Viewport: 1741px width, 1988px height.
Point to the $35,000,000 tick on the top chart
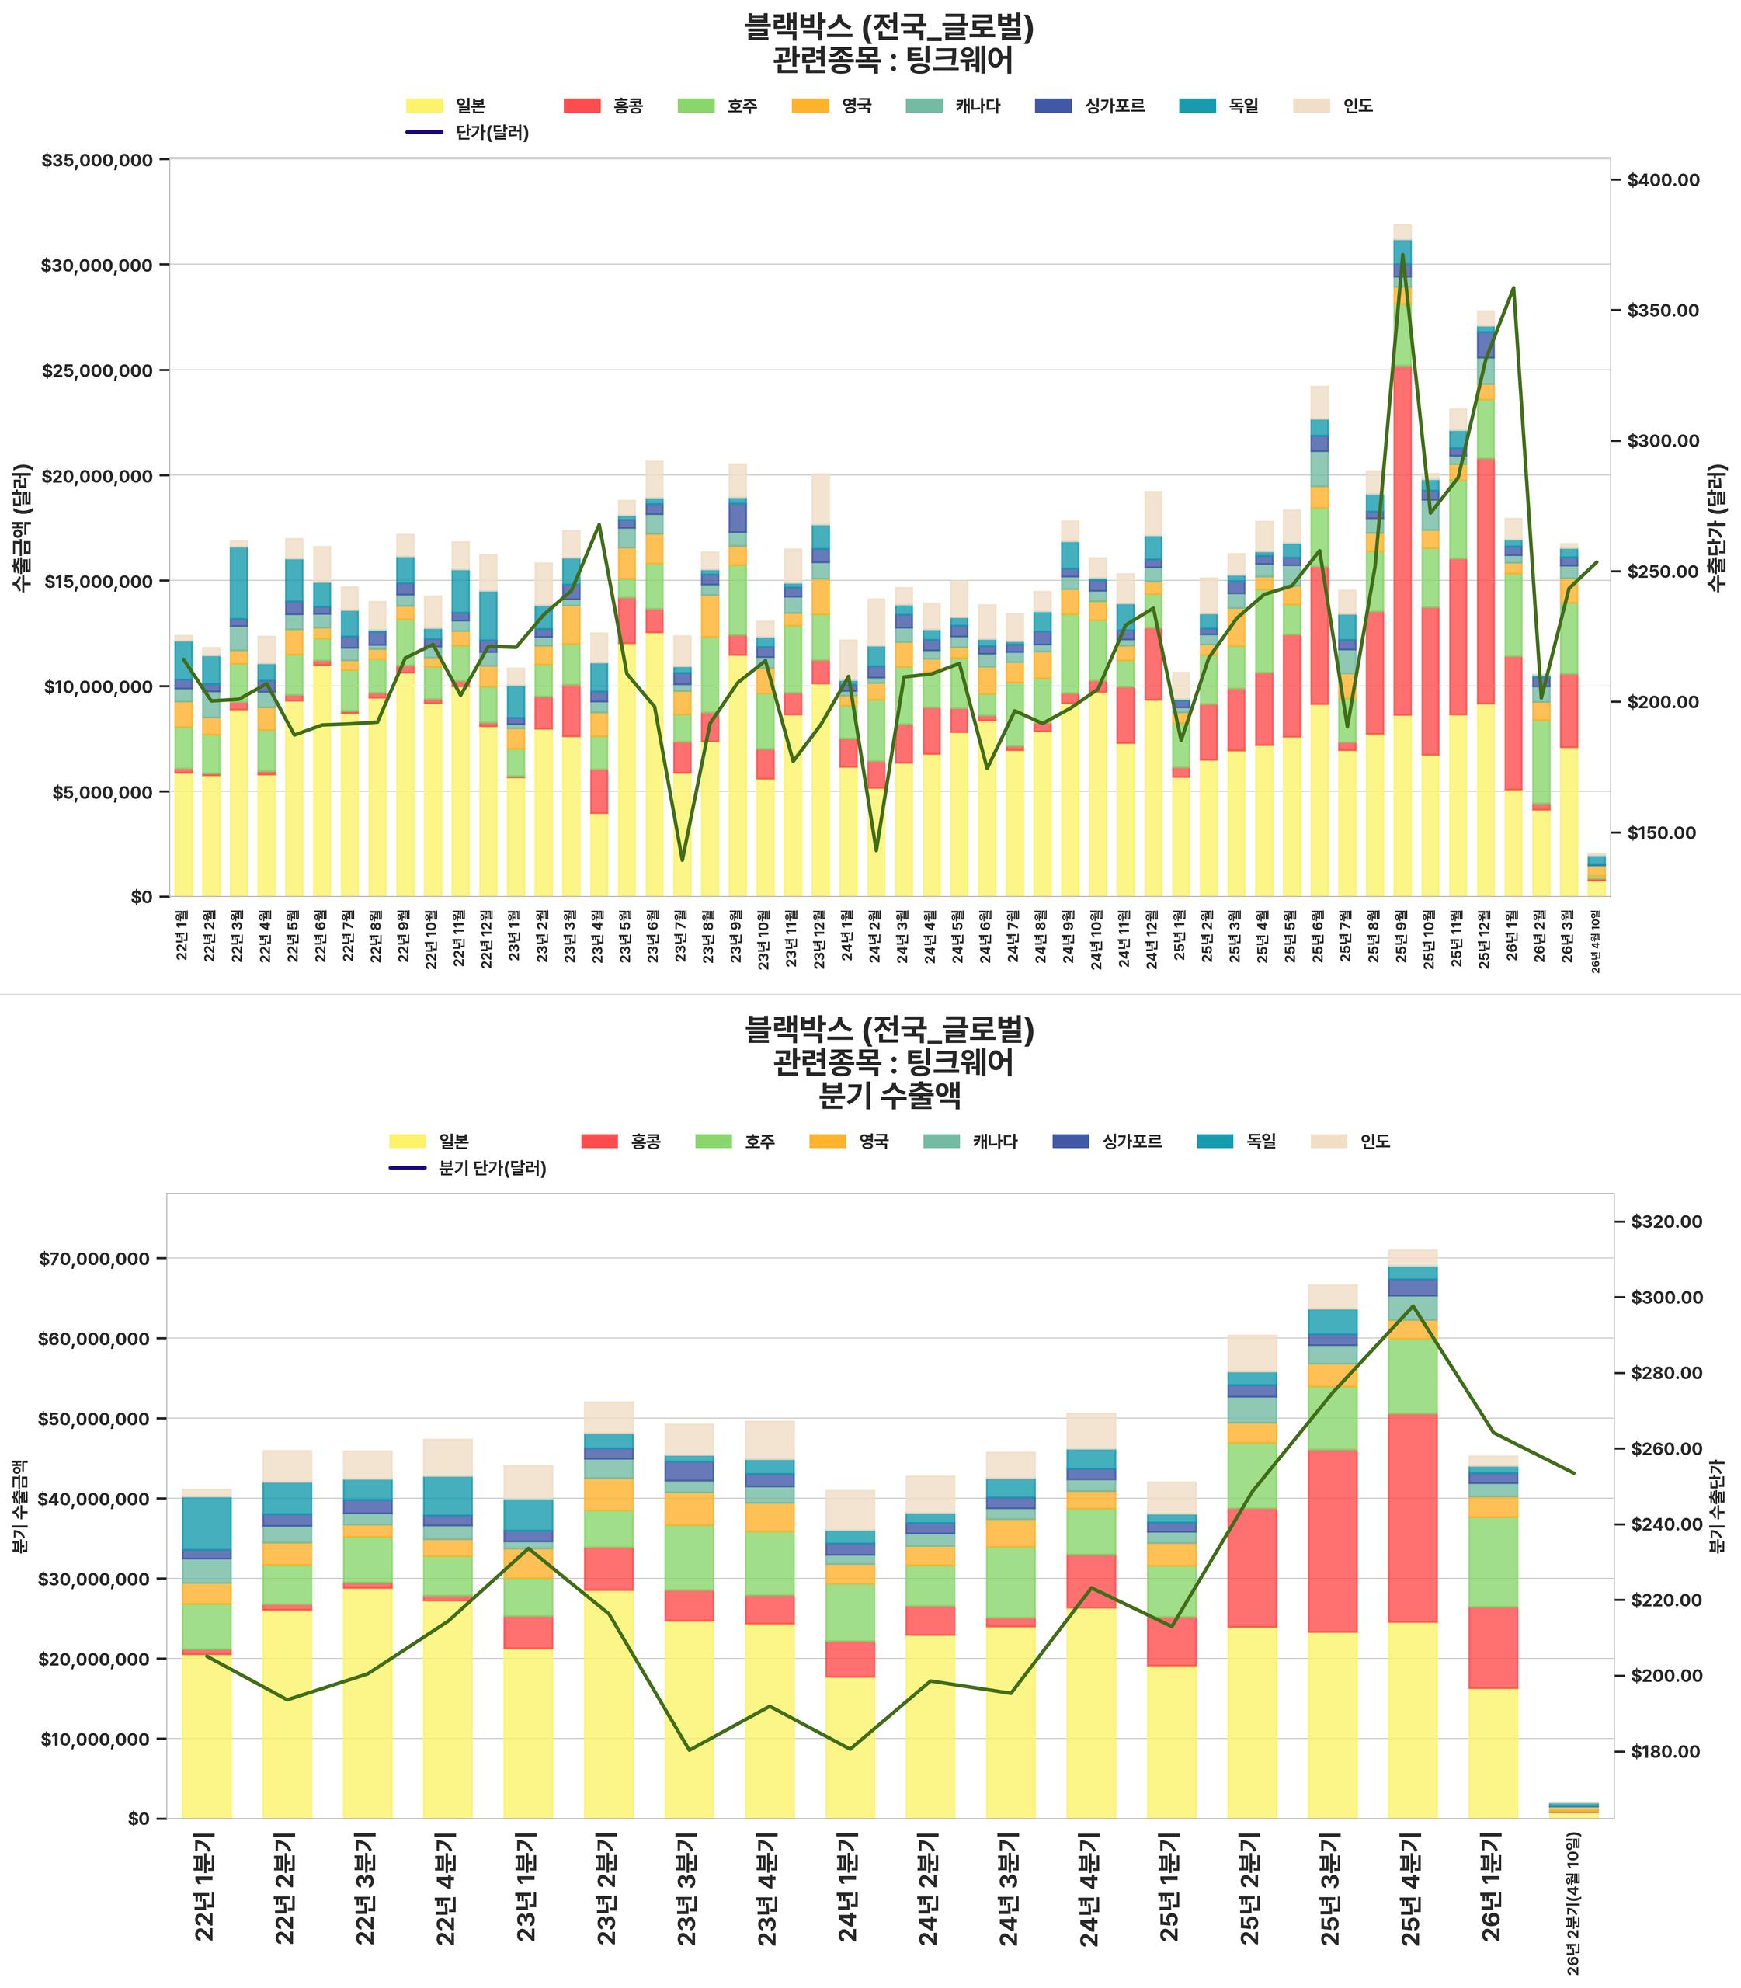pyautogui.click(x=97, y=159)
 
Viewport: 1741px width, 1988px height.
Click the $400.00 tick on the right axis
pyautogui.click(x=1663, y=179)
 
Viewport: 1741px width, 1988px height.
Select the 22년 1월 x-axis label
pyautogui.click(x=182, y=936)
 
